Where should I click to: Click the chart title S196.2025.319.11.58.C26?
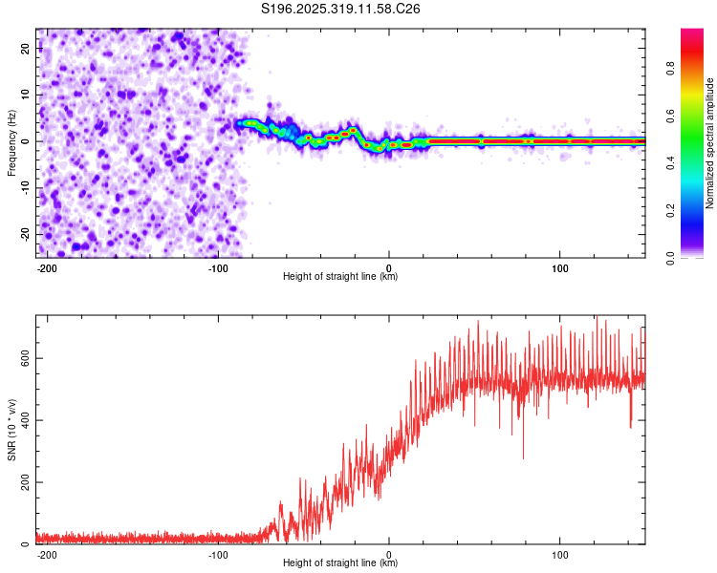point(341,9)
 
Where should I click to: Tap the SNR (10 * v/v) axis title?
point(11,430)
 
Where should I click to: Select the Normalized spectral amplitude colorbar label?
point(710,143)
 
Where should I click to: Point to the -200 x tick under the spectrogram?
point(46,266)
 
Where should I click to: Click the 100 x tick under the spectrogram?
point(559,266)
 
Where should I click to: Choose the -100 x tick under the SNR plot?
point(217,553)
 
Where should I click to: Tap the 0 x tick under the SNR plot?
point(389,553)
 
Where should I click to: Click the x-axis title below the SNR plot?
point(340,563)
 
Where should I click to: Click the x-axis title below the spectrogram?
point(340,277)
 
